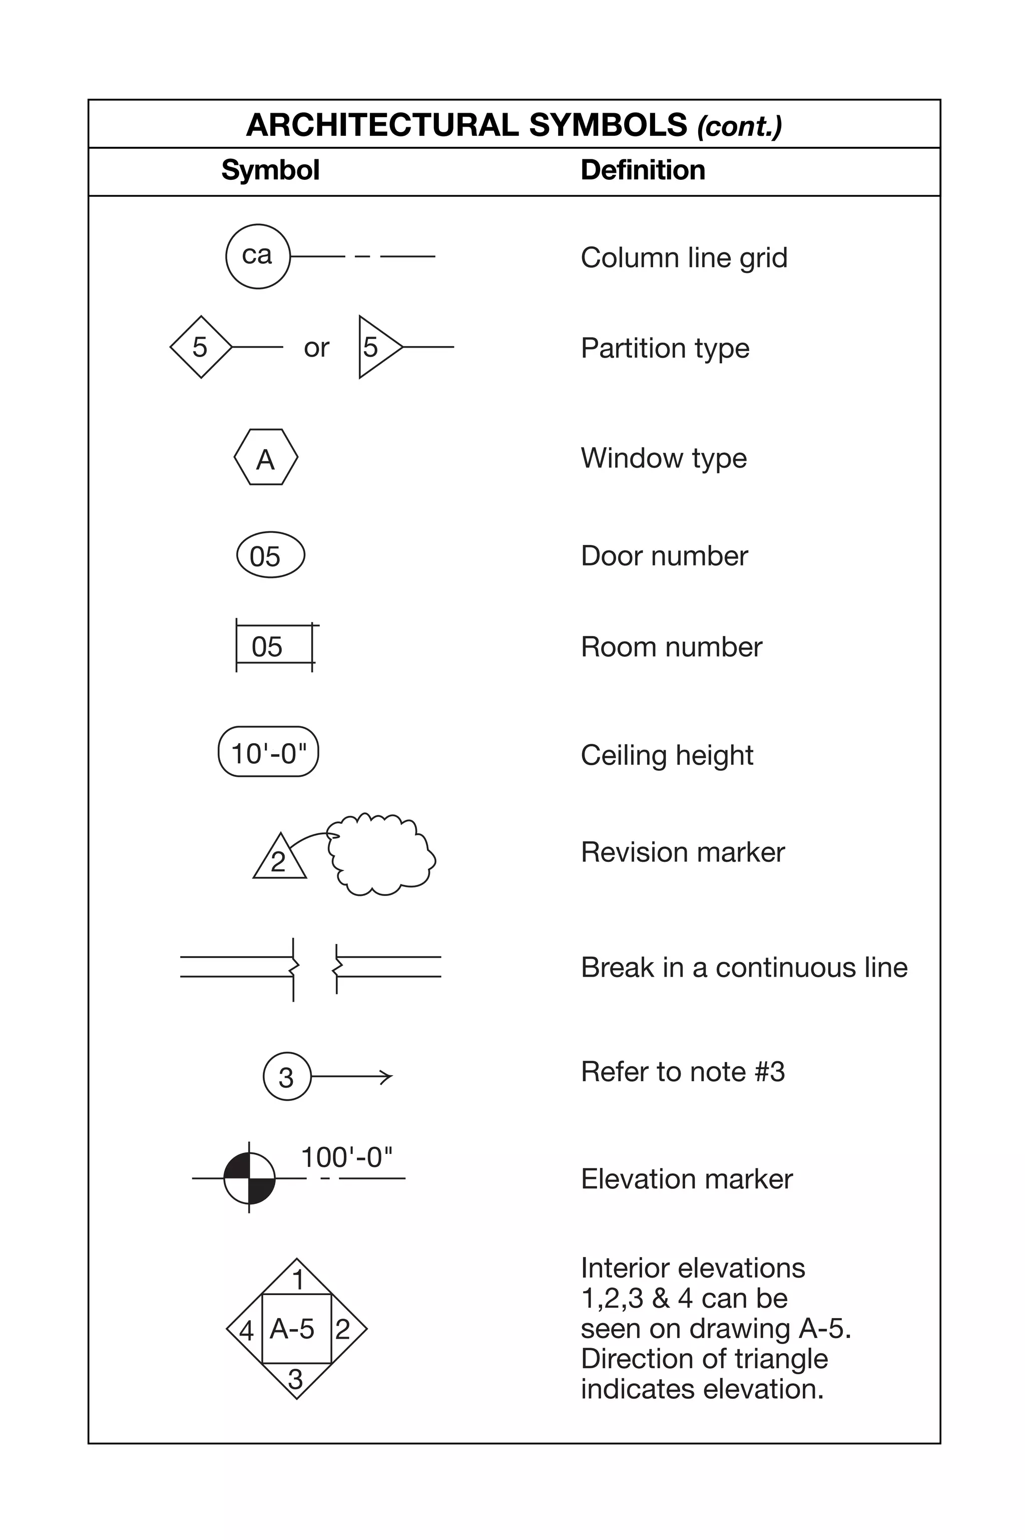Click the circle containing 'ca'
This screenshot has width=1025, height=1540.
[258, 256]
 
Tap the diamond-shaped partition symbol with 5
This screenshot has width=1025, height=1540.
[201, 347]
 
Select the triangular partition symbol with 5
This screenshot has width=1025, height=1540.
[375, 347]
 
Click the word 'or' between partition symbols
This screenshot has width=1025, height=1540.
[316, 348]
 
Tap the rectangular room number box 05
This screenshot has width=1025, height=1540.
[274, 646]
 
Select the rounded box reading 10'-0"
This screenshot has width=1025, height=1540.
[268, 752]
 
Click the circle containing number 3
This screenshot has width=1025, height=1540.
[287, 1076]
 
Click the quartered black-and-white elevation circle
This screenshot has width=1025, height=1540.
[249, 1178]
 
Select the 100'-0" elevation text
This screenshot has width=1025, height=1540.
[346, 1157]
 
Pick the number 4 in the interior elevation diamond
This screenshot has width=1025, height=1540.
[246, 1331]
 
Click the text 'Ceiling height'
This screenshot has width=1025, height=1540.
[667, 755]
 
